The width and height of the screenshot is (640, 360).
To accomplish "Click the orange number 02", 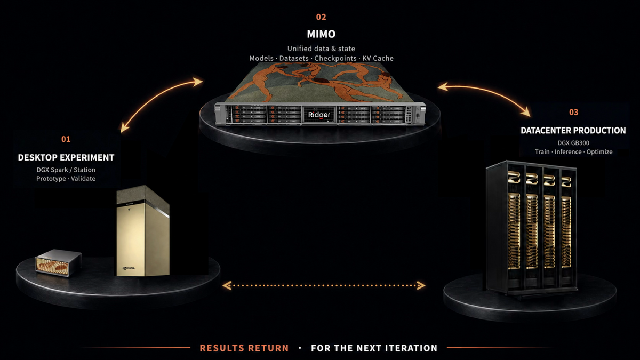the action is point(321,17).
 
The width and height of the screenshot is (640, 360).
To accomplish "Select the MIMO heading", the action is point(321,34).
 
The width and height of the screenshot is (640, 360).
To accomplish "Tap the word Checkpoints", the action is point(335,58).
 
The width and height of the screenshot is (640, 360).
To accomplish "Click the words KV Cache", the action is point(378,58).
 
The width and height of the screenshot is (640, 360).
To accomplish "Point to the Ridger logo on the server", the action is point(319,115).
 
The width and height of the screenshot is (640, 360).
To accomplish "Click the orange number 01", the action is point(66,139).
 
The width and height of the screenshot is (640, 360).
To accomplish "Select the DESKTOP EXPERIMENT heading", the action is point(66,157).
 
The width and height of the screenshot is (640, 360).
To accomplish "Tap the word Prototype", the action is point(51,179).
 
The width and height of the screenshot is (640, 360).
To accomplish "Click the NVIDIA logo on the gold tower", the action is point(129,268).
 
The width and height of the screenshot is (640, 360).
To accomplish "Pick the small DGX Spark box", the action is point(58,262).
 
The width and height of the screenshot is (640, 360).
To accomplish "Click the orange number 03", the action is point(573,113).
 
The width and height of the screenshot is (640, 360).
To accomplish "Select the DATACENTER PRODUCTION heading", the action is point(573,131).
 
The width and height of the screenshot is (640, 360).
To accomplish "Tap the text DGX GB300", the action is point(573,143).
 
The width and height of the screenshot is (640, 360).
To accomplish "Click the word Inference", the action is point(568,151).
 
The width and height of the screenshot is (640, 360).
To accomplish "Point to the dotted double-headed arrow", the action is point(324,285).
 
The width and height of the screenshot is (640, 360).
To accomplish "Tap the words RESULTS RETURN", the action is point(244,348).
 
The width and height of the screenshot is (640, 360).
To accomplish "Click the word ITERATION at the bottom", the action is point(411,348).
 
